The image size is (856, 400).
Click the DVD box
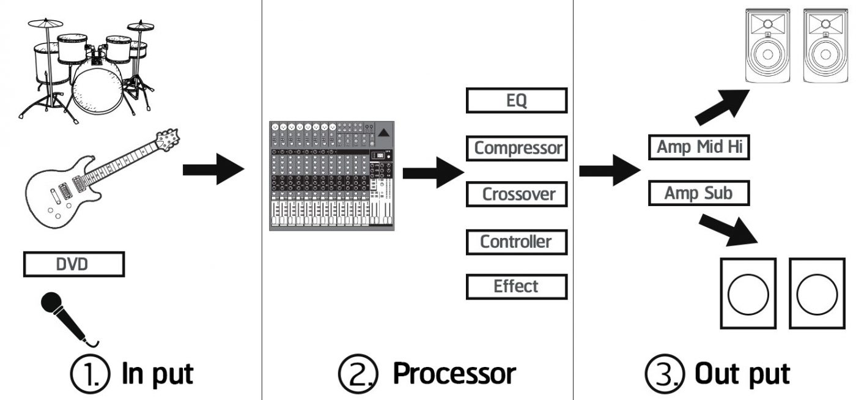click(x=74, y=264)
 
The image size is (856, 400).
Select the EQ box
click(x=517, y=100)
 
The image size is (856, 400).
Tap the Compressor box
click(x=517, y=148)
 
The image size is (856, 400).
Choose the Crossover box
click(x=517, y=194)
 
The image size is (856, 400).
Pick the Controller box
click(x=517, y=242)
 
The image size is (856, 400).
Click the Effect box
click(x=517, y=287)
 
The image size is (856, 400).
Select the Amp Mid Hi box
click(x=699, y=147)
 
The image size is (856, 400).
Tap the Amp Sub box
click(x=699, y=193)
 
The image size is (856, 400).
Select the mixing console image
click(x=331, y=176)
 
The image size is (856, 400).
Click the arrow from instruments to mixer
click(x=213, y=169)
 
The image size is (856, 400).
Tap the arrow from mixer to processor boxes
click(x=434, y=172)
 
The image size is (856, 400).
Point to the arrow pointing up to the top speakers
click(x=722, y=107)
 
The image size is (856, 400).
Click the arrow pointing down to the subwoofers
click(x=728, y=230)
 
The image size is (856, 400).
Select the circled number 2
click(x=358, y=374)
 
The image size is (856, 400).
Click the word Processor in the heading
click(x=454, y=374)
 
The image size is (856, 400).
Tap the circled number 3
click(x=665, y=374)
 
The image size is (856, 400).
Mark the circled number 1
click(x=90, y=374)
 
